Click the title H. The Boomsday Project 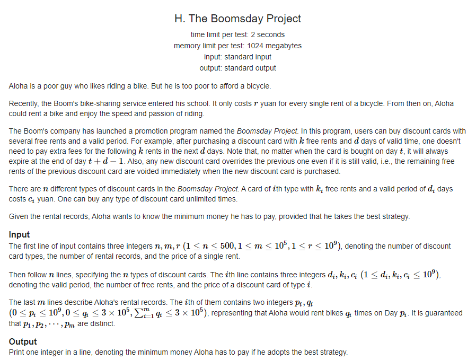237,19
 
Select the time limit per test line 237,34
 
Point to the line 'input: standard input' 237,57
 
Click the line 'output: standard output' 237,68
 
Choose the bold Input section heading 20,234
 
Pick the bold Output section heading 23,341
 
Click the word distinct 101,323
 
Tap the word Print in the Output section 17,352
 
